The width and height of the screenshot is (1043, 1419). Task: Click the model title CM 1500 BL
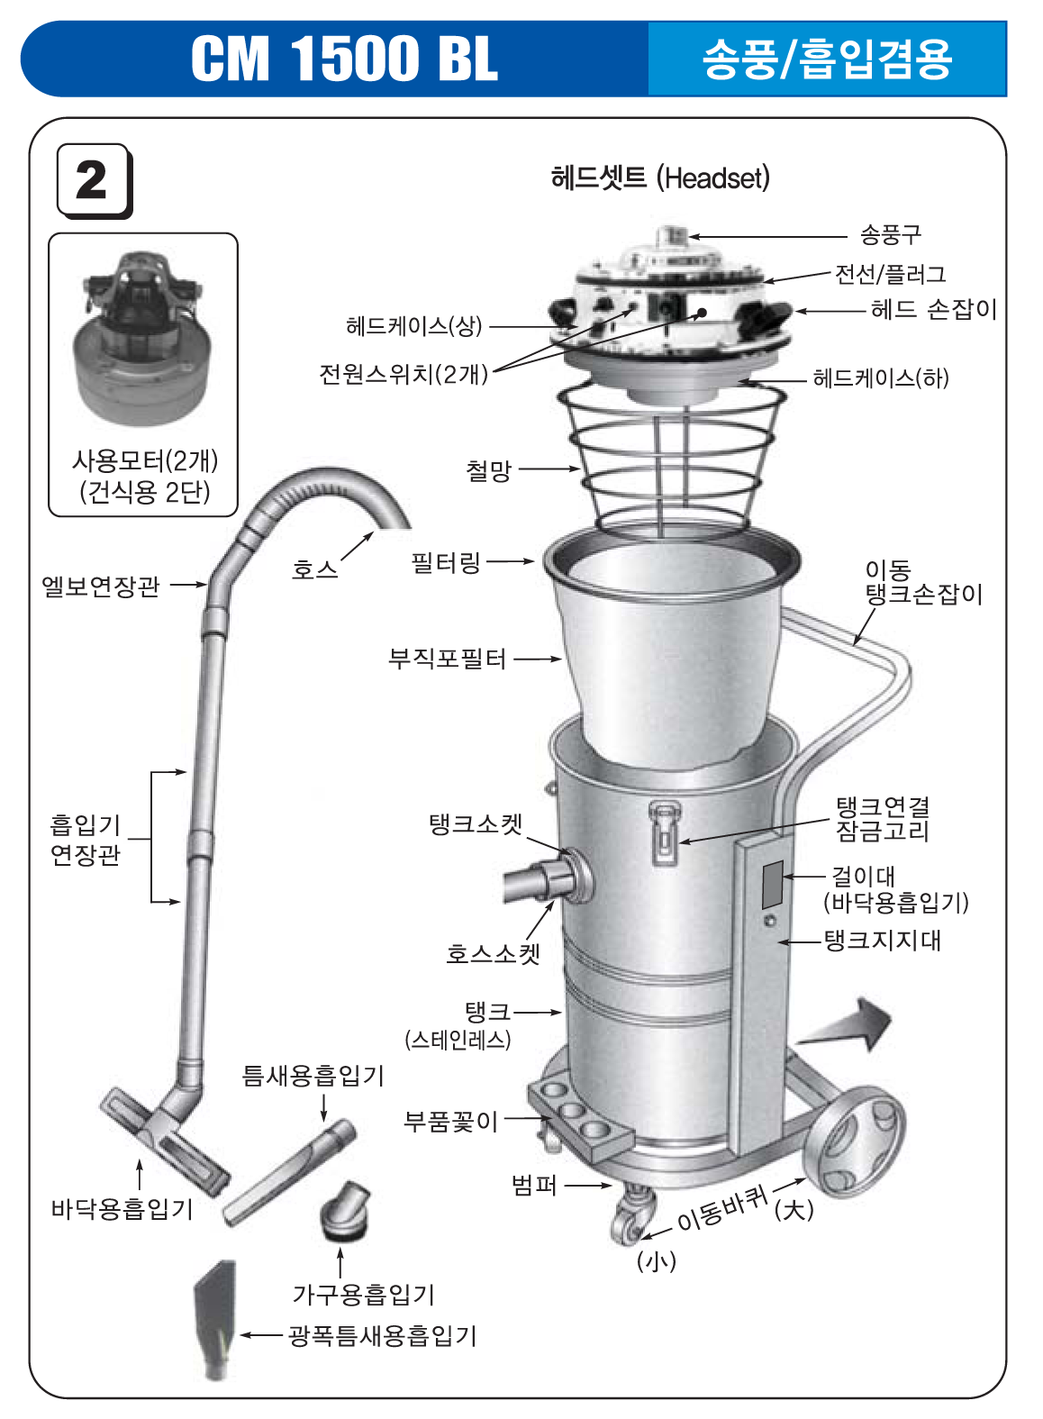coord(344,59)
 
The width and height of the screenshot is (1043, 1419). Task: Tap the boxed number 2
coord(93,181)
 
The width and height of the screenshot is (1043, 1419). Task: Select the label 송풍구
coord(890,235)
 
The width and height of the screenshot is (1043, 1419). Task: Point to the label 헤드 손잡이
coord(933,310)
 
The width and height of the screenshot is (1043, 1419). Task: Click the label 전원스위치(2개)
coord(403,373)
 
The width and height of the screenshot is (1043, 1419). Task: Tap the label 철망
coord(488,469)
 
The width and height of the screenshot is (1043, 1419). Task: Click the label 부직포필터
coord(447,659)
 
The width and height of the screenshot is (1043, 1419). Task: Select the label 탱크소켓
coord(475,823)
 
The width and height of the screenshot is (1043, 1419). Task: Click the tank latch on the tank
coord(663,833)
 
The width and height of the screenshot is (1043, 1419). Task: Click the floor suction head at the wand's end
coord(164,1137)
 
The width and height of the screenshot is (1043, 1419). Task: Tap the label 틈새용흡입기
coord(313,1075)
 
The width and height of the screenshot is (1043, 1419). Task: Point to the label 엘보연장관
coord(101,587)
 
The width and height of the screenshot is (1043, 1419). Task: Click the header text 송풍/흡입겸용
coord(827,59)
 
